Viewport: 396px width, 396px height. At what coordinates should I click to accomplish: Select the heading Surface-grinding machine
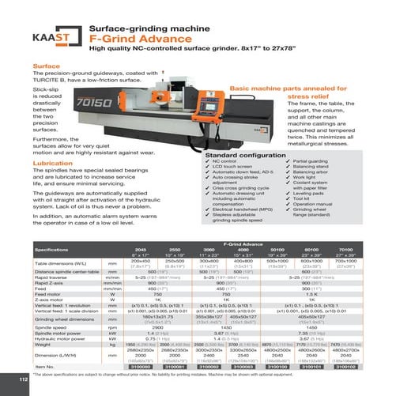pos(139,25)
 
